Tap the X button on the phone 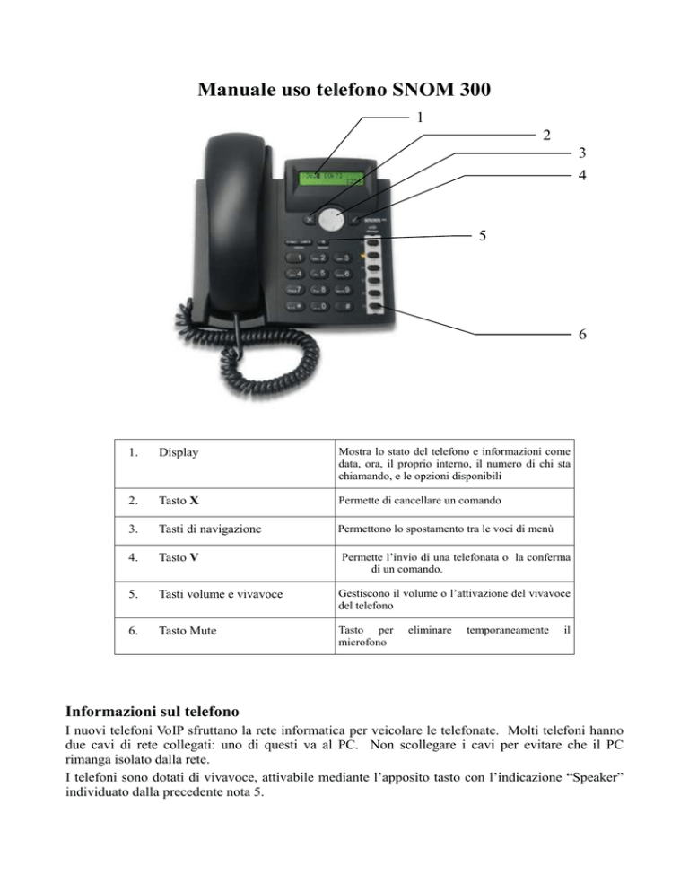[x=311, y=217]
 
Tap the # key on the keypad [x=342, y=307]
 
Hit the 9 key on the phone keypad [x=342, y=290]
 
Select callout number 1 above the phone [x=421, y=117]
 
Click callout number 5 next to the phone [x=483, y=237]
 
